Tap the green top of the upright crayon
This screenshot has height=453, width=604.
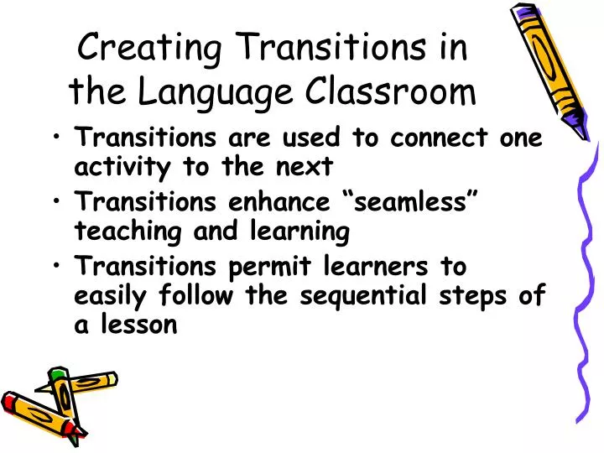coord(58,374)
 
